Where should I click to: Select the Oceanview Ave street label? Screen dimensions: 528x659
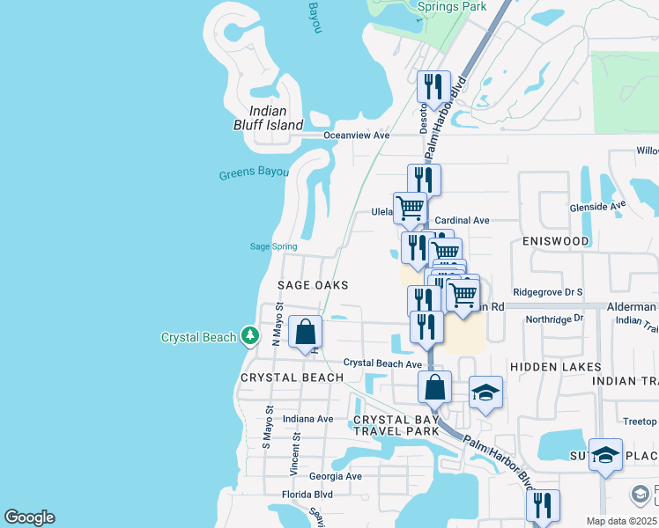tap(356, 136)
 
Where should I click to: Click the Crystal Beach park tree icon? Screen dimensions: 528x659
tap(251, 335)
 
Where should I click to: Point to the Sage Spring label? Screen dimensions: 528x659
tap(273, 246)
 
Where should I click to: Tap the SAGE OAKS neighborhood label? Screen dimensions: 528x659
tap(314, 285)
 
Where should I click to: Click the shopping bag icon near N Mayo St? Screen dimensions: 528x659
tap(305, 333)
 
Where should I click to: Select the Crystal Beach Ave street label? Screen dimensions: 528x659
tap(382, 363)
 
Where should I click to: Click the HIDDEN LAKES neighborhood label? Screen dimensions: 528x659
tap(555, 367)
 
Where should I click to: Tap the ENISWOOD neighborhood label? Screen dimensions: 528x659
tap(555, 240)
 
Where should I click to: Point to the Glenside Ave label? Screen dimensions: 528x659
tap(596, 205)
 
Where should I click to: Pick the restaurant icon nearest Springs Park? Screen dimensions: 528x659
tap(433, 86)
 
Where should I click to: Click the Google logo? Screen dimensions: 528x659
tap(28, 517)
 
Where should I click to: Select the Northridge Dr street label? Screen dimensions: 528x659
tap(554, 319)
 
